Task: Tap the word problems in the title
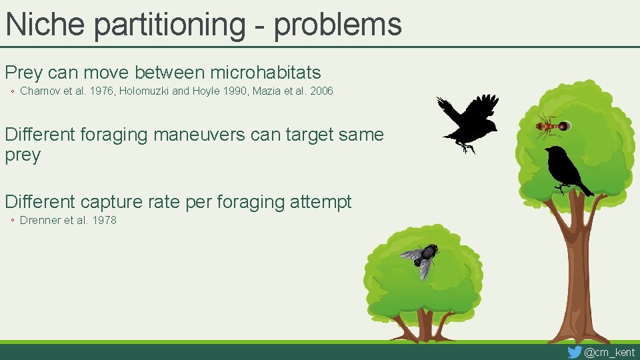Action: click(x=337, y=25)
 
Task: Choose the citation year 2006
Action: click(x=320, y=91)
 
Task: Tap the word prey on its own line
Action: click(x=23, y=155)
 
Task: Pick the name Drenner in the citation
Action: click(x=41, y=220)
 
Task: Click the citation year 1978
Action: click(x=103, y=220)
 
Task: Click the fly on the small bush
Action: click(x=421, y=259)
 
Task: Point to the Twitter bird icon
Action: click(x=574, y=352)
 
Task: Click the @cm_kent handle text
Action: click(x=609, y=352)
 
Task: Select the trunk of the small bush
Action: click(x=424, y=325)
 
